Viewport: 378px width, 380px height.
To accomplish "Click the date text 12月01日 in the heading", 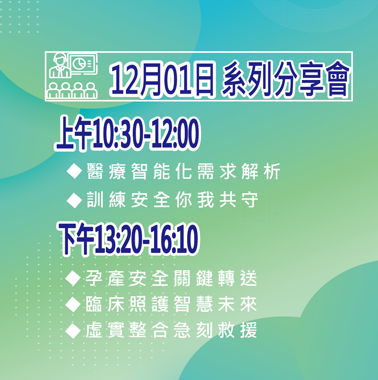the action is (163, 79).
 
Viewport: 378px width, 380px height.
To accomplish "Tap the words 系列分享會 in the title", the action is (285, 78).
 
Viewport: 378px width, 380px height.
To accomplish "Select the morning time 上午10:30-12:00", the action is (128, 133).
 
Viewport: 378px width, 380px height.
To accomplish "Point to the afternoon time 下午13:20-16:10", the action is (129, 239).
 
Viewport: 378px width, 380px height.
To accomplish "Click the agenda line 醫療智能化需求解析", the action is (183, 171).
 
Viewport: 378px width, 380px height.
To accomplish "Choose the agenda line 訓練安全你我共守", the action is (172, 200).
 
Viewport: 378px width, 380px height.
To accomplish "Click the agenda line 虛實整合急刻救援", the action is (171, 330).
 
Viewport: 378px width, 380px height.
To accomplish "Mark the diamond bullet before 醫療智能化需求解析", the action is (74, 171).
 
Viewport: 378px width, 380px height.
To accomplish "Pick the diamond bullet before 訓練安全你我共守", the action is (74, 200).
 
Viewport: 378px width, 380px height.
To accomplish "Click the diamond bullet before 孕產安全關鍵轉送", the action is (73, 278).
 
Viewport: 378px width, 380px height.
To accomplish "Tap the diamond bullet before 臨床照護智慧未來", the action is (73, 304).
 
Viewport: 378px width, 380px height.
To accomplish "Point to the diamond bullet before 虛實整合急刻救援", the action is (73, 331).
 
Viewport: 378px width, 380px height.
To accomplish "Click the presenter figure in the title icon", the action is (60, 65).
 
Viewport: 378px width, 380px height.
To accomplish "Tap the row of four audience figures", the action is (72, 90).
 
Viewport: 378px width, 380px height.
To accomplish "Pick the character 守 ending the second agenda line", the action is (249, 200).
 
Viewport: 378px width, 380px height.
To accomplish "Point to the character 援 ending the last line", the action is (249, 330).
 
